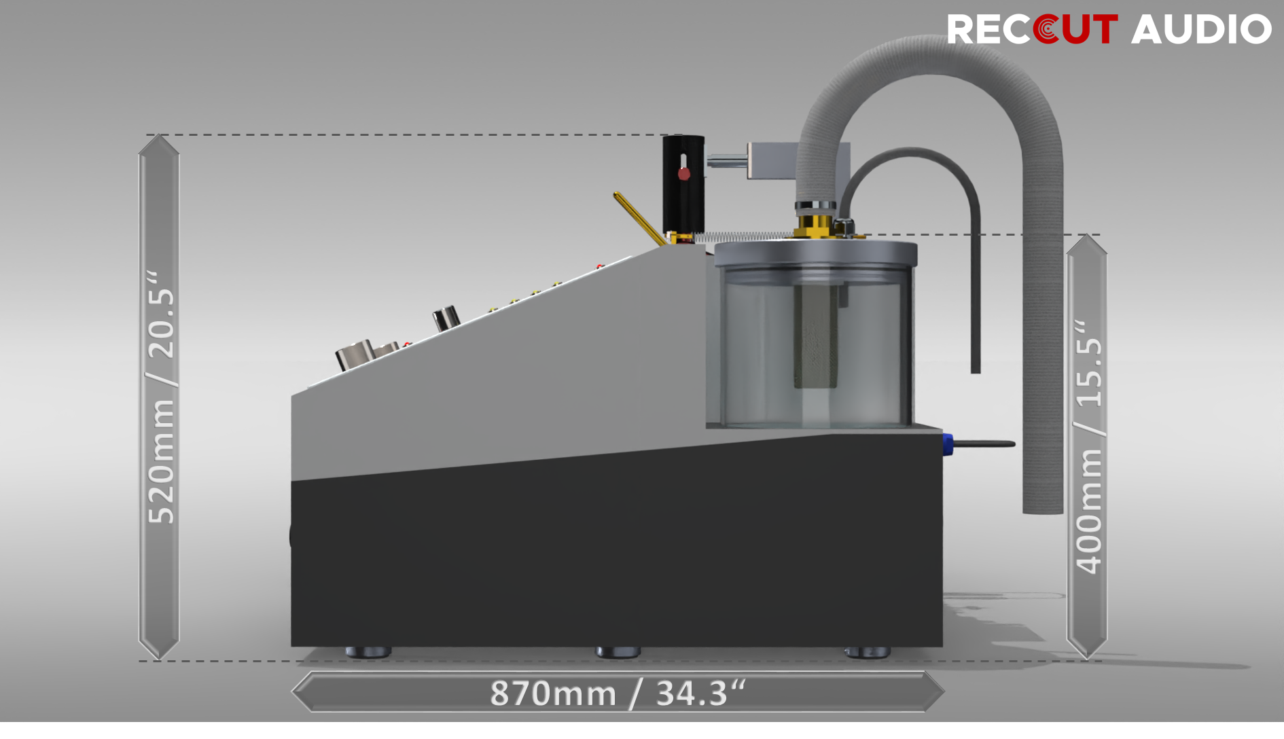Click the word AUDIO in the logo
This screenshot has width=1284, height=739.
[1201, 29]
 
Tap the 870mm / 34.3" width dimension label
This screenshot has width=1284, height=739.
[618, 693]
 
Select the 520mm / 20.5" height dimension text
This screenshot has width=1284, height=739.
[161, 397]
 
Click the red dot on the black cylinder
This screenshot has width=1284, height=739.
[684, 174]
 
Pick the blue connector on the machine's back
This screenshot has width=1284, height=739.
[948, 444]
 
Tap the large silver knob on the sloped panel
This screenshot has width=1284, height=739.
[355, 355]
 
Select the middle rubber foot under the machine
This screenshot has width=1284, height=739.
[618, 652]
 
